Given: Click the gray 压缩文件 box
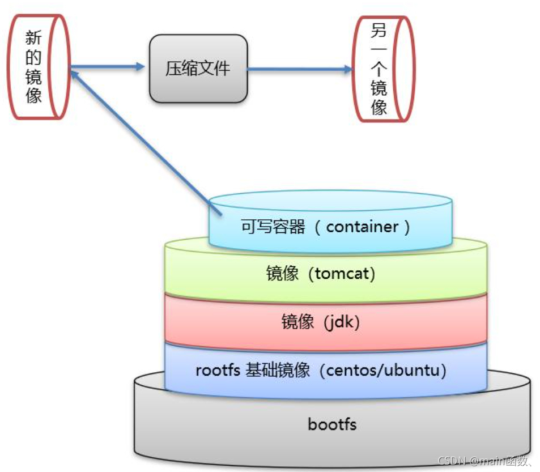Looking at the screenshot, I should [x=198, y=69].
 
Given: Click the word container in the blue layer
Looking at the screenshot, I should [x=363, y=227].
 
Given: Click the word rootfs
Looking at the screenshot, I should [x=218, y=371].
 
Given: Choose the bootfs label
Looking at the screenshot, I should [x=332, y=424].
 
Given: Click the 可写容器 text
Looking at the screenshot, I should [x=273, y=227].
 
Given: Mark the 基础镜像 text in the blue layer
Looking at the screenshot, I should [x=277, y=371].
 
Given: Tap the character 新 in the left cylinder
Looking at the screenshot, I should [x=34, y=38].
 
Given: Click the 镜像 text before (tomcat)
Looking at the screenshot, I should [x=282, y=274].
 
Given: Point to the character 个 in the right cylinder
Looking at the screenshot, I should [x=379, y=69].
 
